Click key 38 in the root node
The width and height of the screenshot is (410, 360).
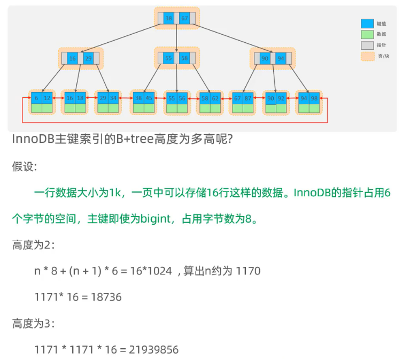coord(169,19)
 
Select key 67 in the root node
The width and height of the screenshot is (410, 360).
coord(184,19)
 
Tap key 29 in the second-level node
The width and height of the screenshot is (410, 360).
coord(88,58)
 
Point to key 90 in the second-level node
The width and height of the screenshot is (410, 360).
coord(265,58)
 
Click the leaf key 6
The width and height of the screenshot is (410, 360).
coord(36,98)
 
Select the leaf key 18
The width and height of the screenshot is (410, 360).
coord(80,98)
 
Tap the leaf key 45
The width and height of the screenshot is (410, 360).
coord(149,98)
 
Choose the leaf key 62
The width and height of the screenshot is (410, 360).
coord(215,98)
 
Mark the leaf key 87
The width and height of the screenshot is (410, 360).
coord(248,98)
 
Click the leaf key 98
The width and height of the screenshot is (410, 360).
coord(314,98)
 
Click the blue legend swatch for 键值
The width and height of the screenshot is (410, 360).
coord(367,24)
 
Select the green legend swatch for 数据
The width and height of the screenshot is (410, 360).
coord(367,34)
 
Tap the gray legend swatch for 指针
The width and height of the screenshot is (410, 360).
coord(367,45)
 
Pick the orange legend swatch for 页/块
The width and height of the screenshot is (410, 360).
coord(367,56)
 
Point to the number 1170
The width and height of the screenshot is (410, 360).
coord(248,271)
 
